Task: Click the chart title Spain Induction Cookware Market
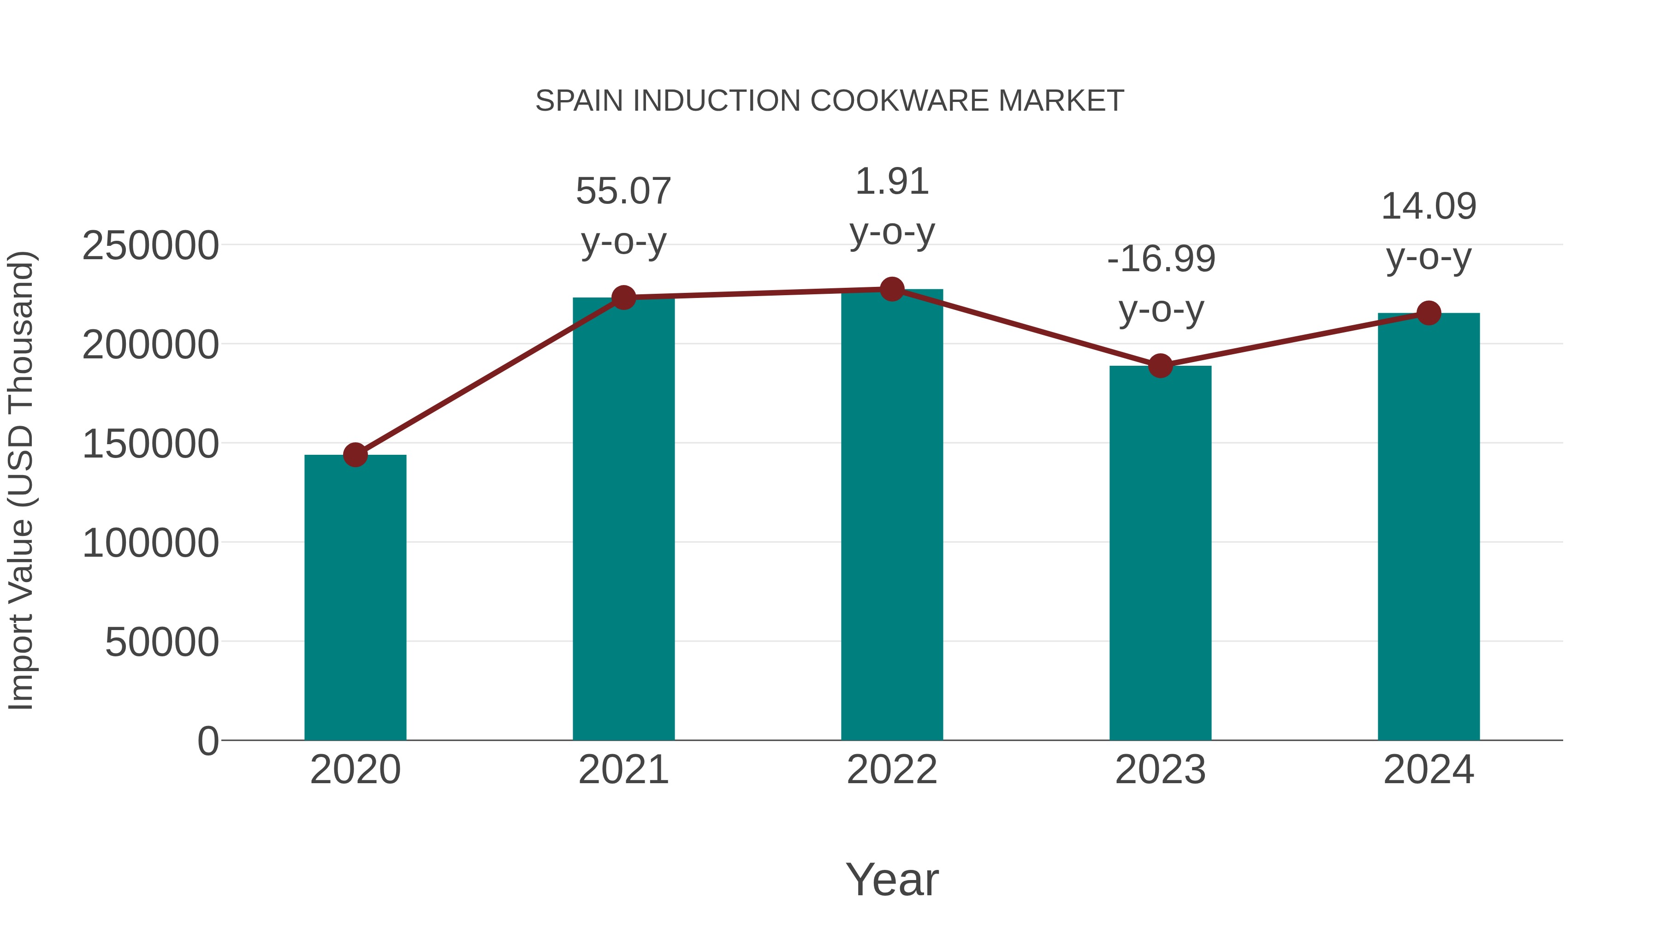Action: click(x=830, y=101)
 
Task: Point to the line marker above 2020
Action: click(x=355, y=455)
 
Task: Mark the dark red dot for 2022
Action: click(x=892, y=289)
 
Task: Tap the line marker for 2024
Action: click(x=1429, y=313)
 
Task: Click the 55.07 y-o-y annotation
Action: click(x=623, y=217)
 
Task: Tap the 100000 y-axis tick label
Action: click(x=150, y=543)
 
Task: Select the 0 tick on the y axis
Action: click(x=207, y=741)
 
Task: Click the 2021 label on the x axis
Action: click(x=623, y=770)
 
